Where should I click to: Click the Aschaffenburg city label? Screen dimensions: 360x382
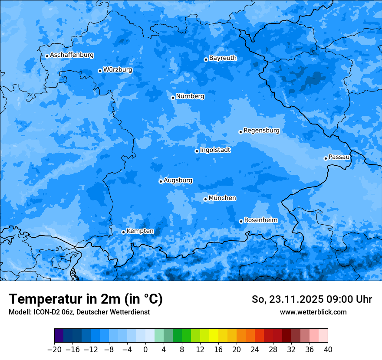tap(72, 55)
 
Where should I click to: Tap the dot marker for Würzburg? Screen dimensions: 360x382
tap(100, 71)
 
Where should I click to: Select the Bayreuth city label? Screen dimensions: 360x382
tap(223, 58)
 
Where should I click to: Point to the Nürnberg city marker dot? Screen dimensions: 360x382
tap(173, 98)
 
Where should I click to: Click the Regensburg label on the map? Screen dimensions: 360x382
tap(261, 130)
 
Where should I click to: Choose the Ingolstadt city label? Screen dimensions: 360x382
tap(215, 150)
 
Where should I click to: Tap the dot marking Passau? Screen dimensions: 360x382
tap(326, 158)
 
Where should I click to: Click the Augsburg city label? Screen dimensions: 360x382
tap(178, 180)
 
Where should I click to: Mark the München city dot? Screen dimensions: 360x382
tap(205, 200)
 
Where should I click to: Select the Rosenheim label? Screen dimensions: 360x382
tap(260, 220)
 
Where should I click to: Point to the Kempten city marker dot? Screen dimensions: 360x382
tap(123, 232)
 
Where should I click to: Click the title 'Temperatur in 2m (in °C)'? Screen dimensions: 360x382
tap(86, 299)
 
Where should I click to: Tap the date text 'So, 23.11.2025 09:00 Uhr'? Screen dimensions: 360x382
tap(312, 299)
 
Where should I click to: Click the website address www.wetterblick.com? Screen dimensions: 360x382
tap(313, 312)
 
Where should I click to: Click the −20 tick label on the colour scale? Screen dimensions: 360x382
tap(54, 350)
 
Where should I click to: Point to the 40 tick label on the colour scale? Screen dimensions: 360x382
tap(328, 350)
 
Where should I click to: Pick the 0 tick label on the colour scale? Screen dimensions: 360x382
tap(145, 350)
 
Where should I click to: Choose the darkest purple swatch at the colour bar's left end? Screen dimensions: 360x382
tap(59, 336)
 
